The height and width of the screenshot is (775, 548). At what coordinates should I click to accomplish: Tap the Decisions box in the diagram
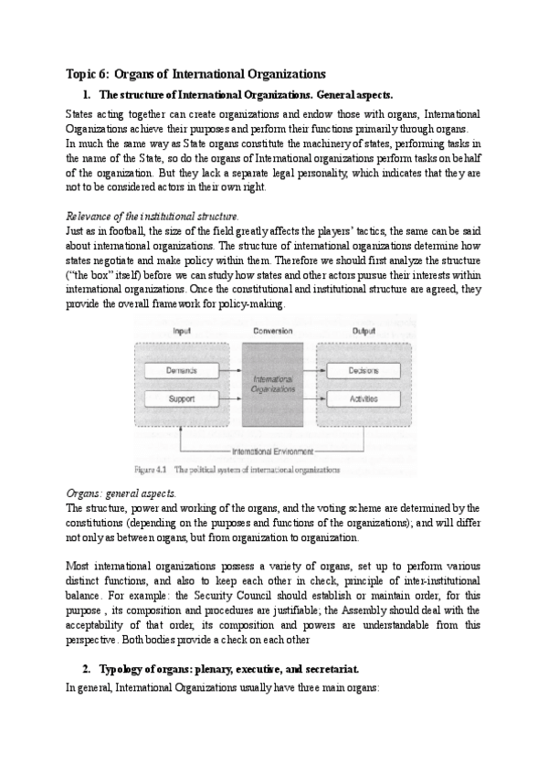363,370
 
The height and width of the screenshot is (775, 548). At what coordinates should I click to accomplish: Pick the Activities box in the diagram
363,399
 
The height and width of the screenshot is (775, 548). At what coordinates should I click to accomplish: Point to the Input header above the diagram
183,330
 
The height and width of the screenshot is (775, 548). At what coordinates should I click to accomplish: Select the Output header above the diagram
363,330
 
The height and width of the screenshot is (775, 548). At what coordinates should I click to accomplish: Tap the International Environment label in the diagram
272,451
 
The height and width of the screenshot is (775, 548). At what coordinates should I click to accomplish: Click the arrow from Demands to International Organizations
233,370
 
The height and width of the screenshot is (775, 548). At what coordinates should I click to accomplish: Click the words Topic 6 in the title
88,73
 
